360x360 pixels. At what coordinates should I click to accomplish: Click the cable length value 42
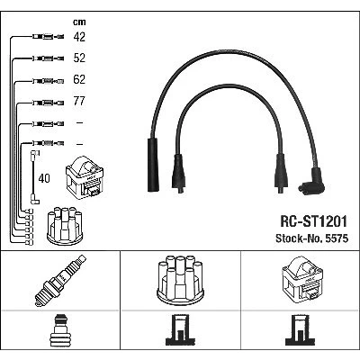pos(79,37)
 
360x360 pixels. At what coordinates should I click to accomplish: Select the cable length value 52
pos(79,58)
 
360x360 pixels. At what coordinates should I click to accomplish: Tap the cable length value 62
pos(79,79)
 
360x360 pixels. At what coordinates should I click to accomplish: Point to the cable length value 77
pos(79,101)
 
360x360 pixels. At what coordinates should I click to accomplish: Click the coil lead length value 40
pos(44,178)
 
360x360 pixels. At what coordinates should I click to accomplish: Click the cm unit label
pos(79,22)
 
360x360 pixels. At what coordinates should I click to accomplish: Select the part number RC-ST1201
pos(313,221)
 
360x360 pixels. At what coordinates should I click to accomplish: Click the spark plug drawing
pos(60,280)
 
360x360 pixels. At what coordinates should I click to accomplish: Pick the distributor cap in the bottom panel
pos(180,280)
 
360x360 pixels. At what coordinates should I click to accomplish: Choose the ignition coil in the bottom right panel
pos(302,278)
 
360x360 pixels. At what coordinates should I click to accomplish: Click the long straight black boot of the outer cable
pos(152,165)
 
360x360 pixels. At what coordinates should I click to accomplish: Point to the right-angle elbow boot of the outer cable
pos(312,181)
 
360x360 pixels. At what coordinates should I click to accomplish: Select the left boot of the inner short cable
pos(179,174)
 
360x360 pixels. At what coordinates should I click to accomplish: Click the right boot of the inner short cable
pos(281,174)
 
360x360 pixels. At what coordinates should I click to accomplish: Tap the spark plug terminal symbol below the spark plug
pos(60,330)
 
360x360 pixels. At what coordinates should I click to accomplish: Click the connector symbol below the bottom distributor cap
pos(180,330)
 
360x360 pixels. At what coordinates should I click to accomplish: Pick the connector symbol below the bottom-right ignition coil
pos(301,330)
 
